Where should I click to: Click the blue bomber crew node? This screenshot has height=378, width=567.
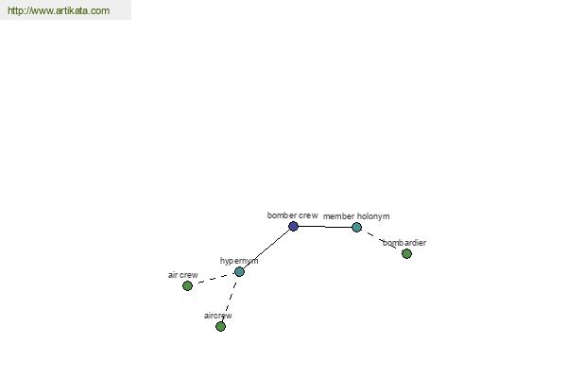pyautogui.click(x=293, y=227)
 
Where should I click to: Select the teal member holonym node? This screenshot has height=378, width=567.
pyautogui.click(x=356, y=227)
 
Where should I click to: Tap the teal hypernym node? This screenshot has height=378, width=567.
pyautogui.click(x=239, y=271)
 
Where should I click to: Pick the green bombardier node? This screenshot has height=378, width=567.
pyautogui.click(x=406, y=253)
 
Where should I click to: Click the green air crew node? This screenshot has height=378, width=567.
pyautogui.click(x=187, y=285)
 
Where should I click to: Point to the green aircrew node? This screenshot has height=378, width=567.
pyautogui.click(x=220, y=326)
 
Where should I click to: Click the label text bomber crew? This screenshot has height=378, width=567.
pyautogui.click(x=293, y=215)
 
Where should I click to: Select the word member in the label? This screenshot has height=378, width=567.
pyautogui.click(x=338, y=216)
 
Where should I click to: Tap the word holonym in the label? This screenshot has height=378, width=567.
pyautogui.click(x=373, y=216)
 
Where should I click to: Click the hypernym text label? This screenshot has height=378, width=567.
pyautogui.click(x=239, y=261)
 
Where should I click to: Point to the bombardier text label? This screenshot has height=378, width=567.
pyautogui.click(x=404, y=242)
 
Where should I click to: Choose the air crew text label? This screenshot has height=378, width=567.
pyautogui.click(x=183, y=275)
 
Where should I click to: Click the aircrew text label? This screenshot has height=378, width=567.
pyautogui.click(x=218, y=316)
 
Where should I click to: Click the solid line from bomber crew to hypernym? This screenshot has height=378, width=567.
pyautogui.click(x=266, y=249)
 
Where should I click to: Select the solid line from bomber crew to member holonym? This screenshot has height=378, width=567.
pyautogui.click(x=325, y=227)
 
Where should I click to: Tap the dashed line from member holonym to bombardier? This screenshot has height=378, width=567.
pyautogui.click(x=382, y=240)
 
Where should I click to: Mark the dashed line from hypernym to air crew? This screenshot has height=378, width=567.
pyautogui.click(x=214, y=279)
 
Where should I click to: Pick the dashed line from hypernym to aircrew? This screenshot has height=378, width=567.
pyautogui.click(x=230, y=299)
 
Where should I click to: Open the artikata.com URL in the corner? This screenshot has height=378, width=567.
pyautogui.click(x=59, y=10)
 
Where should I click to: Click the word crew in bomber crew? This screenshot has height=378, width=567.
pyautogui.click(x=308, y=215)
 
